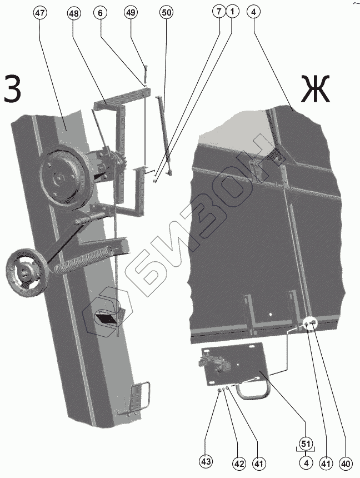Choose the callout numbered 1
(232, 11)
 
